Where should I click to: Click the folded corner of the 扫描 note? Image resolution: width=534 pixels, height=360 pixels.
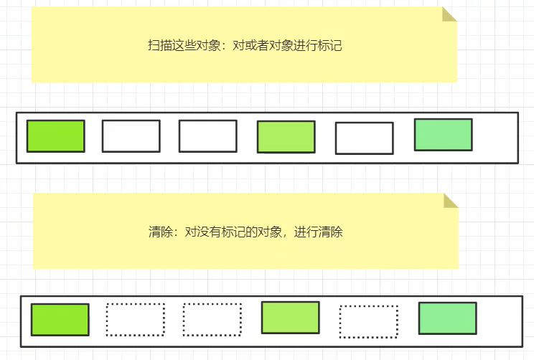[x=449, y=14]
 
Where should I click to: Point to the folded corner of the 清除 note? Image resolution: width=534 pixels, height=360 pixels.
[x=451, y=200]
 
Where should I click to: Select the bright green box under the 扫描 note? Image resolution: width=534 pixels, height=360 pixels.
[x=55, y=136]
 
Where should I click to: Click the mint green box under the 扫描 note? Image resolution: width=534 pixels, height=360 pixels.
[x=443, y=135]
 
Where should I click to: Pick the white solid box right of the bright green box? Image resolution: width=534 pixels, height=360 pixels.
[x=131, y=136]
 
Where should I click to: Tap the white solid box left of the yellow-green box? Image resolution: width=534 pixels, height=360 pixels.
[x=207, y=136]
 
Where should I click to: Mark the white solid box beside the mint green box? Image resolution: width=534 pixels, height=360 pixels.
[x=364, y=138]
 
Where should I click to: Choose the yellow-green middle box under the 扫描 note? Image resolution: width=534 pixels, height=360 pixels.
[x=286, y=137]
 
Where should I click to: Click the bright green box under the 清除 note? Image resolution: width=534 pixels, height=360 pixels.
[x=60, y=320]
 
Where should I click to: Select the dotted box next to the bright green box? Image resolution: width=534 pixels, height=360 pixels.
[x=135, y=320]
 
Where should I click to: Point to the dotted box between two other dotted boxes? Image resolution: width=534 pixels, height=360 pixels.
[x=212, y=320]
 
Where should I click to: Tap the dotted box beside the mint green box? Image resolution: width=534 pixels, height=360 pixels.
[x=368, y=322]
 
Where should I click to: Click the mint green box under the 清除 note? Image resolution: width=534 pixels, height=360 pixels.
[x=447, y=318]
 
